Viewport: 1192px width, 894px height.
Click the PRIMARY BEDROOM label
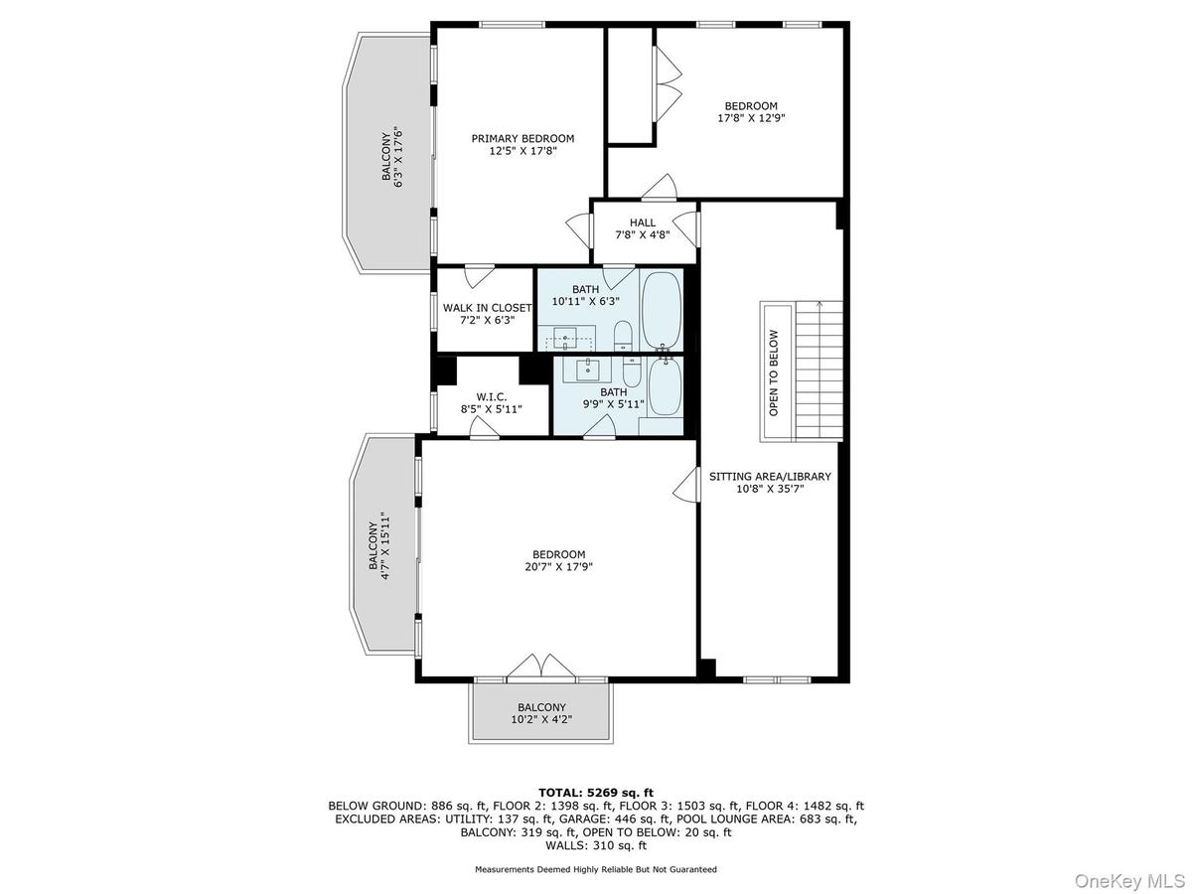pyautogui.click(x=522, y=138)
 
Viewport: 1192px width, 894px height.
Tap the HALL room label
pyautogui.click(x=643, y=223)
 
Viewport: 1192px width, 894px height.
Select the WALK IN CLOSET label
pyautogui.click(x=487, y=308)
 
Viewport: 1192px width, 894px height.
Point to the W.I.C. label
pyautogui.click(x=492, y=397)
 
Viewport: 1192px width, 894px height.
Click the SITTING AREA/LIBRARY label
pyautogui.click(x=770, y=476)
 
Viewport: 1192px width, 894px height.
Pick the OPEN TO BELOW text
pyautogui.click(x=774, y=372)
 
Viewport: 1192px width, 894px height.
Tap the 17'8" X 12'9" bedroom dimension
pyautogui.click(x=751, y=118)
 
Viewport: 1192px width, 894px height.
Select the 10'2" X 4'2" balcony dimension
pyautogui.click(x=541, y=720)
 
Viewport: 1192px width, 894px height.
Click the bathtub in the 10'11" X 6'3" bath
pyautogui.click(x=662, y=309)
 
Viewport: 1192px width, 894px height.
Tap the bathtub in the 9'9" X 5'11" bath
pyautogui.click(x=665, y=387)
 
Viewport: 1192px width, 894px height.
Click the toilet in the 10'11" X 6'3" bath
pyautogui.click(x=623, y=336)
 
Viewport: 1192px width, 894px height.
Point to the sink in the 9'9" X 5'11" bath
pyautogui.click(x=587, y=370)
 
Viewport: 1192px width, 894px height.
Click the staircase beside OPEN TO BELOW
pyautogui.click(x=819, y=372)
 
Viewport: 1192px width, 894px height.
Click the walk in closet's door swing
pyautogui.click(x=479, y=276)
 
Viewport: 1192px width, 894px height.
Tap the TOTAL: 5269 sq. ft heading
pyautogui.click(x=596, y=793)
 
